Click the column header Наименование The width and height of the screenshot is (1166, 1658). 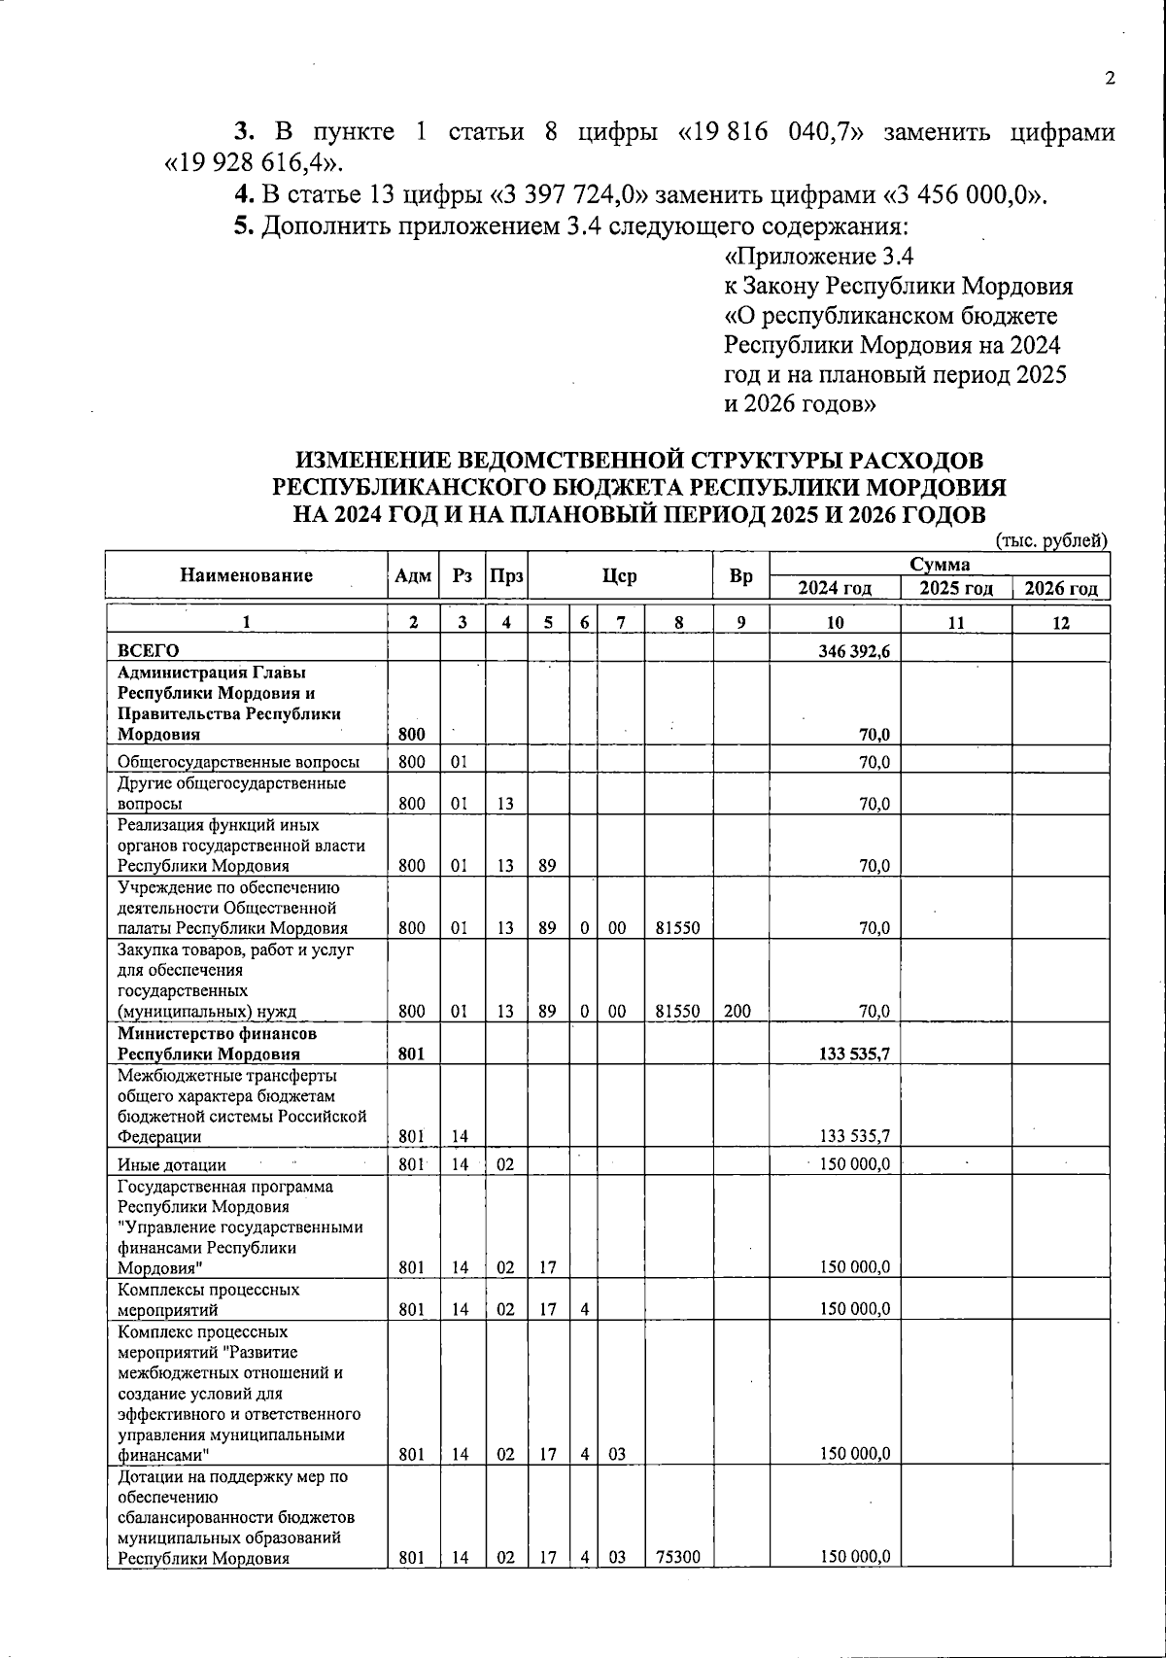pyautogui.click(x=246, y=575)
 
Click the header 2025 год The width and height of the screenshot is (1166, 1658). pyautogui.click(x=956, y=588)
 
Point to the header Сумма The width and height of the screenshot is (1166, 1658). pyautogui.click(x=939, y=565)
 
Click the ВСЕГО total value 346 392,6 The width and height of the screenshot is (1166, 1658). pyautogui.click(x=854, y=651)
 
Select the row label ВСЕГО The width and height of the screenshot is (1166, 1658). pyautogui.click(x=148, y=650)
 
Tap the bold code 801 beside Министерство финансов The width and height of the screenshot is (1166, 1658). pyautogui.click(x=412, y=1054)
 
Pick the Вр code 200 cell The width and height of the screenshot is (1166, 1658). pyautogui.click(x=737, y=1011)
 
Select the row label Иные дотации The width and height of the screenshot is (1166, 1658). pyautogui.click(x=172, y=1164)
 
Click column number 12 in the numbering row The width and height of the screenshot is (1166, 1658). pyautogui.click(x=1060, y=623)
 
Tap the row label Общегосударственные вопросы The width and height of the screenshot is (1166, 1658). pyautogui.click(x=238, y=762)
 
